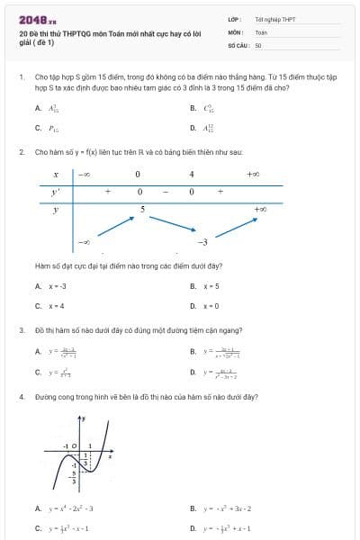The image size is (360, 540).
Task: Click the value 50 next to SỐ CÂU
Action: pyautogui.click(x=258, y=44)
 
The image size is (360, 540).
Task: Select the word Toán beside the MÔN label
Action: pyautogui.click(x=261, y=31)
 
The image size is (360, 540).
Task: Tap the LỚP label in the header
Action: pyautogui.click(x=234, y=19)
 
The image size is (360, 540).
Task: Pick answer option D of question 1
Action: pyautogui.click(x=209, y=128)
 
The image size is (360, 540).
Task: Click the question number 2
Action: pyautogui.click(x=21, y=153)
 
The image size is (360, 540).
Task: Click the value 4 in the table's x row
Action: pyautogui.click(x=191, y=174)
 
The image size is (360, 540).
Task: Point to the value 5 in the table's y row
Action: pyautogui.click(x=142, y=209)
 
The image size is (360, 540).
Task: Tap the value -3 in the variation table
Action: pyautogui.click(x=202, y=242)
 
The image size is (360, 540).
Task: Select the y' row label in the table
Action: pyautogui.click(x=56, y=192)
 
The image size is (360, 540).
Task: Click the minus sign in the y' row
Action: pyautogui.click(x=165, y=192)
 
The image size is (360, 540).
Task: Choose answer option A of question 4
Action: pyautogui.click(x=67, y=508)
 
